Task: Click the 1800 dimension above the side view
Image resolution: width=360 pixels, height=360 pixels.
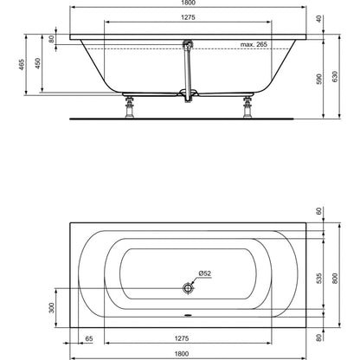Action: coord(189,3)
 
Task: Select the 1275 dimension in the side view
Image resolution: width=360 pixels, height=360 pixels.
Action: coord(188,17)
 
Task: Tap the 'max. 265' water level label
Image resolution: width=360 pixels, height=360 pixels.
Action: coord(254,44)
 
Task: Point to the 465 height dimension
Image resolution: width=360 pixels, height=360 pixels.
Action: coord(22,65)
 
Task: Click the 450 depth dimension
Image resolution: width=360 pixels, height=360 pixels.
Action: coord(38,63)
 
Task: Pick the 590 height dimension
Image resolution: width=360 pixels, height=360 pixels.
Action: coord(318,79)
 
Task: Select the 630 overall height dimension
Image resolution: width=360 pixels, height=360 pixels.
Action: coord(335,76)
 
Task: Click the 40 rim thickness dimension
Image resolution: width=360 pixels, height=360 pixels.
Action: coord(318,19)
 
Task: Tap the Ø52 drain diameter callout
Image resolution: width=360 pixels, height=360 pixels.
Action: coord(205,273)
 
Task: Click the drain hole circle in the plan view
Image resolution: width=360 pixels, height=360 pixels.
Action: coord(188,288)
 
